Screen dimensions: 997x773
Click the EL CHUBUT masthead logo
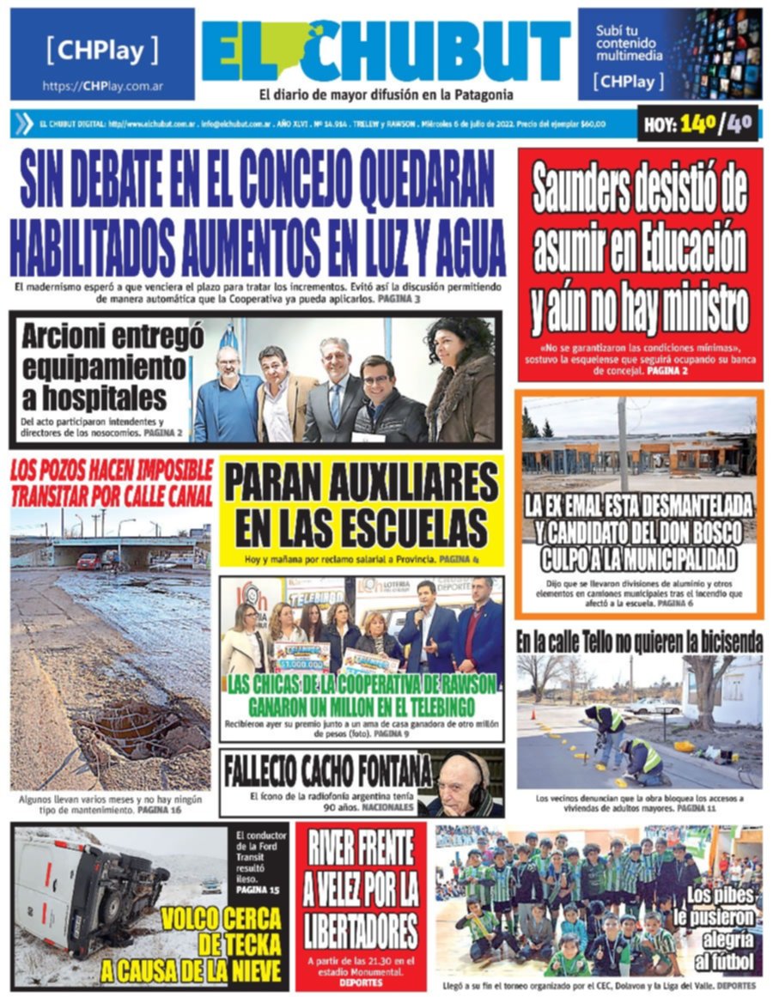[386, 53]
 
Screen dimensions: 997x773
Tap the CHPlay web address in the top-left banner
[103, 86]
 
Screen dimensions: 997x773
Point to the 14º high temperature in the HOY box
[698, 125]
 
